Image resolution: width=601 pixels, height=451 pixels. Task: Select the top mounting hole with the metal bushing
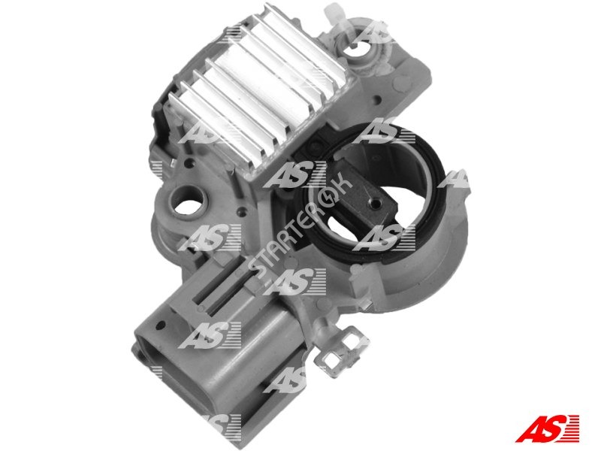click(358, 48)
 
